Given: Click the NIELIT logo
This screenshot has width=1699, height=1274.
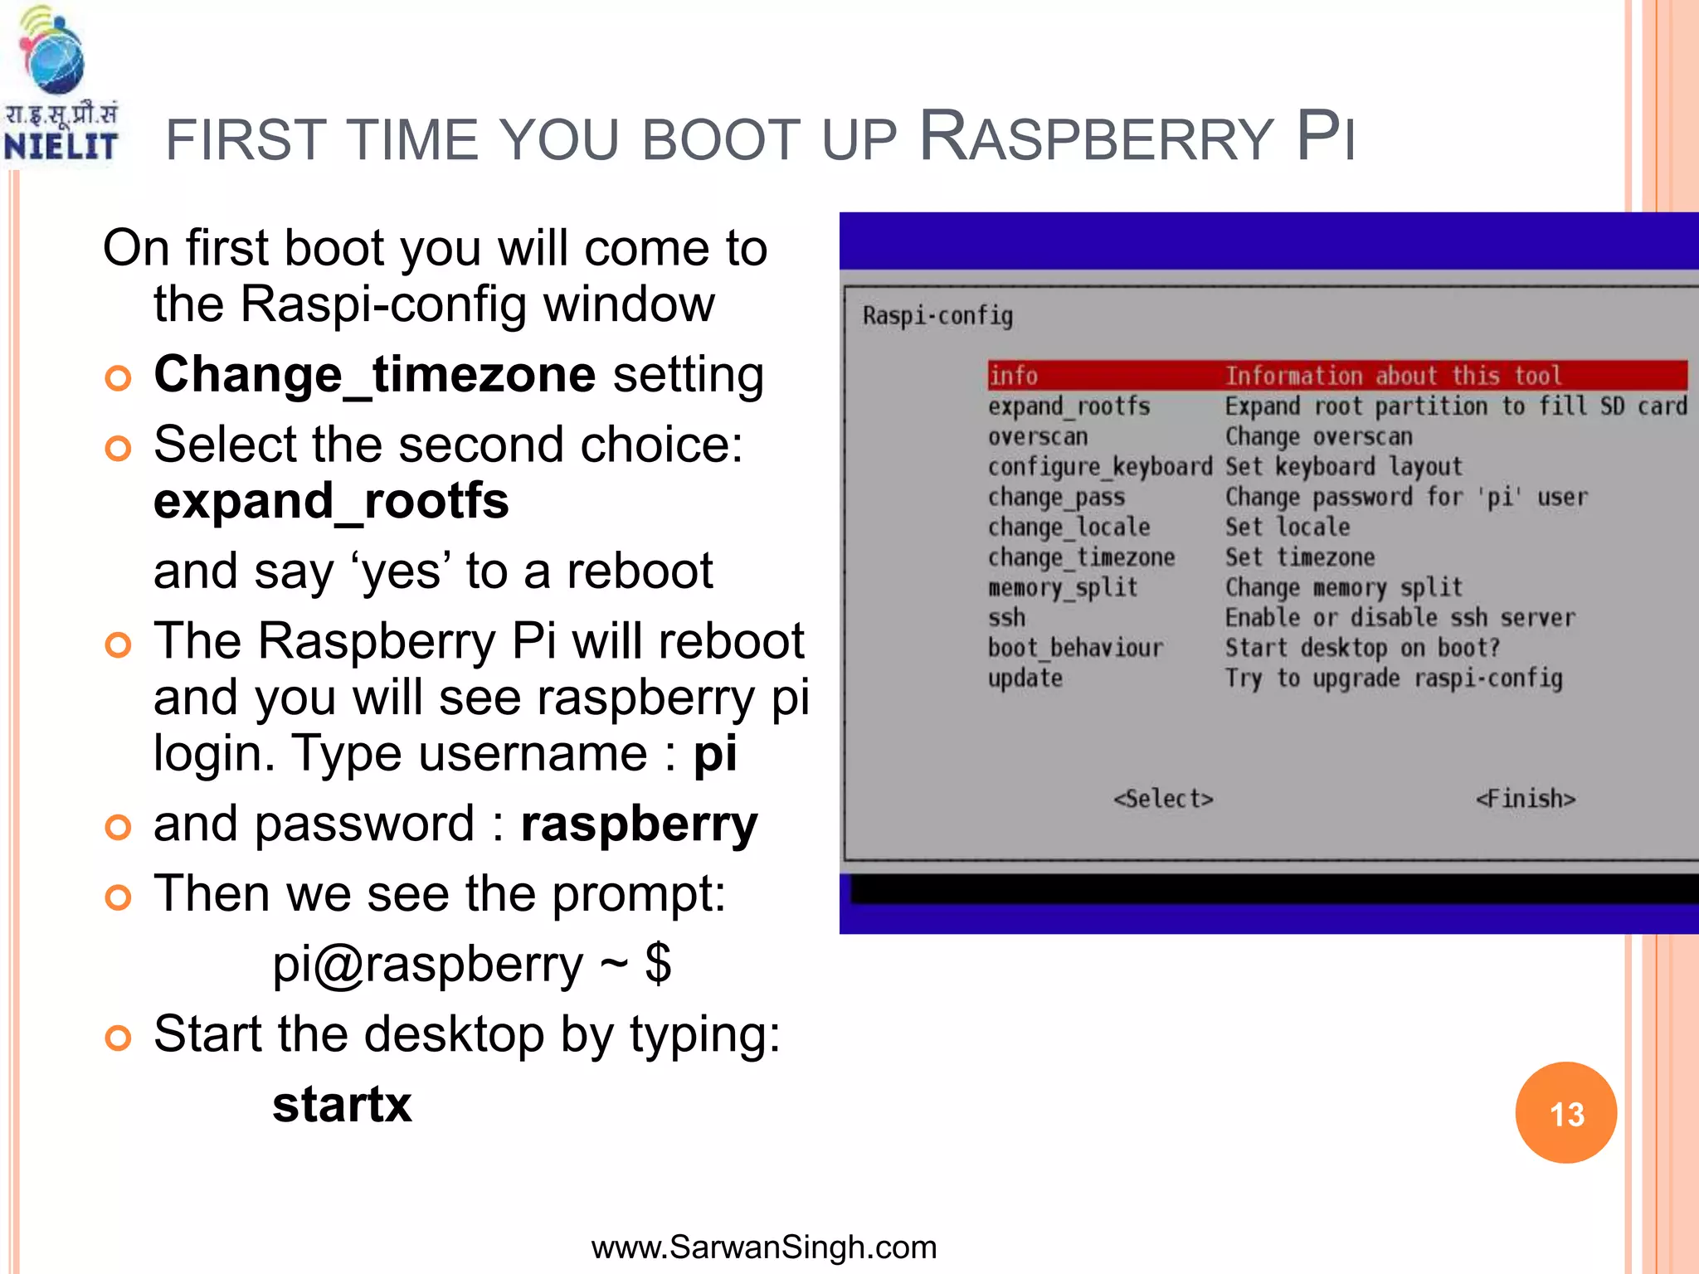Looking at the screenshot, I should click(x=60, y=87).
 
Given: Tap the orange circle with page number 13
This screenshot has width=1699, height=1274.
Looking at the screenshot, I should click(x=1565, y=1113).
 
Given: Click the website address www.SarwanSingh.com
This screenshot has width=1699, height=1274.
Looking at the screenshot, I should click(x=763, y=1247).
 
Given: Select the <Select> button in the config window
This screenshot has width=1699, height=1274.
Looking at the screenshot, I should click(x=1163, y=799).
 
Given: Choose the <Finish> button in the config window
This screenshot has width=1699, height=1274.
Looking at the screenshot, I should click(x=1525, y=799).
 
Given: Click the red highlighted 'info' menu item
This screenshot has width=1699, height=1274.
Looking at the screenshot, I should click(x=1014, y=376).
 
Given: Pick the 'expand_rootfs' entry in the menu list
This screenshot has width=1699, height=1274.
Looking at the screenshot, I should click(x=1069, y=406).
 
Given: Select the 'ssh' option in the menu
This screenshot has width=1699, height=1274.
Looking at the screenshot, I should click(x=1006, y=618).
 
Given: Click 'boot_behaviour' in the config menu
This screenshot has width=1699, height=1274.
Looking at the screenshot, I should click(x=1075, y=648).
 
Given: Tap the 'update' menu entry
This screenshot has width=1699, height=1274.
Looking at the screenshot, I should click(x=1025, y=678).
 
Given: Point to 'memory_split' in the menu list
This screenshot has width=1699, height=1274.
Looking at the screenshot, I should click(x=1062, y=588).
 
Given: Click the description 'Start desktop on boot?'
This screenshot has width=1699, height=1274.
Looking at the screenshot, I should click(x=1362, y=648).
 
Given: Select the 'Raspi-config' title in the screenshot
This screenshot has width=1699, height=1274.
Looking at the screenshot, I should click(x=937, y=316).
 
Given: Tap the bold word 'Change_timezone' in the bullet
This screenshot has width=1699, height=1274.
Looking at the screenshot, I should click(x=375, y=374).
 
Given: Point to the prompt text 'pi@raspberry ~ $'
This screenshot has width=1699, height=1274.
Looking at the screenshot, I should click(x=471, y=964).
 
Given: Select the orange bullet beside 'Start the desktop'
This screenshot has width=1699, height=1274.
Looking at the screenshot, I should click(x=118, y=1038).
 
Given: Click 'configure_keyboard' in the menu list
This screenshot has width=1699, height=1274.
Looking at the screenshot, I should click(x=1099, y=467).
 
